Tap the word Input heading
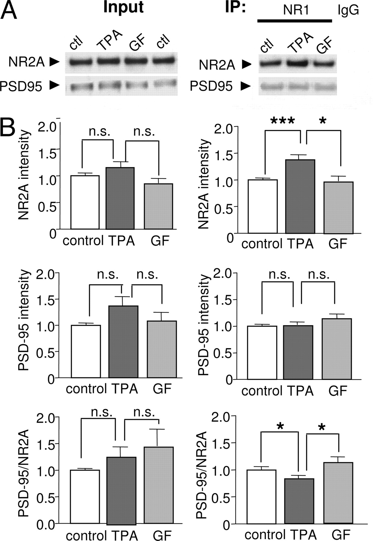(123, 8)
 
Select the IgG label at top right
(348, 11)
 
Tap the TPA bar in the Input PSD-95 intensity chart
(123, 341)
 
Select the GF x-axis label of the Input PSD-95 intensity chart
(162, 389)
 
